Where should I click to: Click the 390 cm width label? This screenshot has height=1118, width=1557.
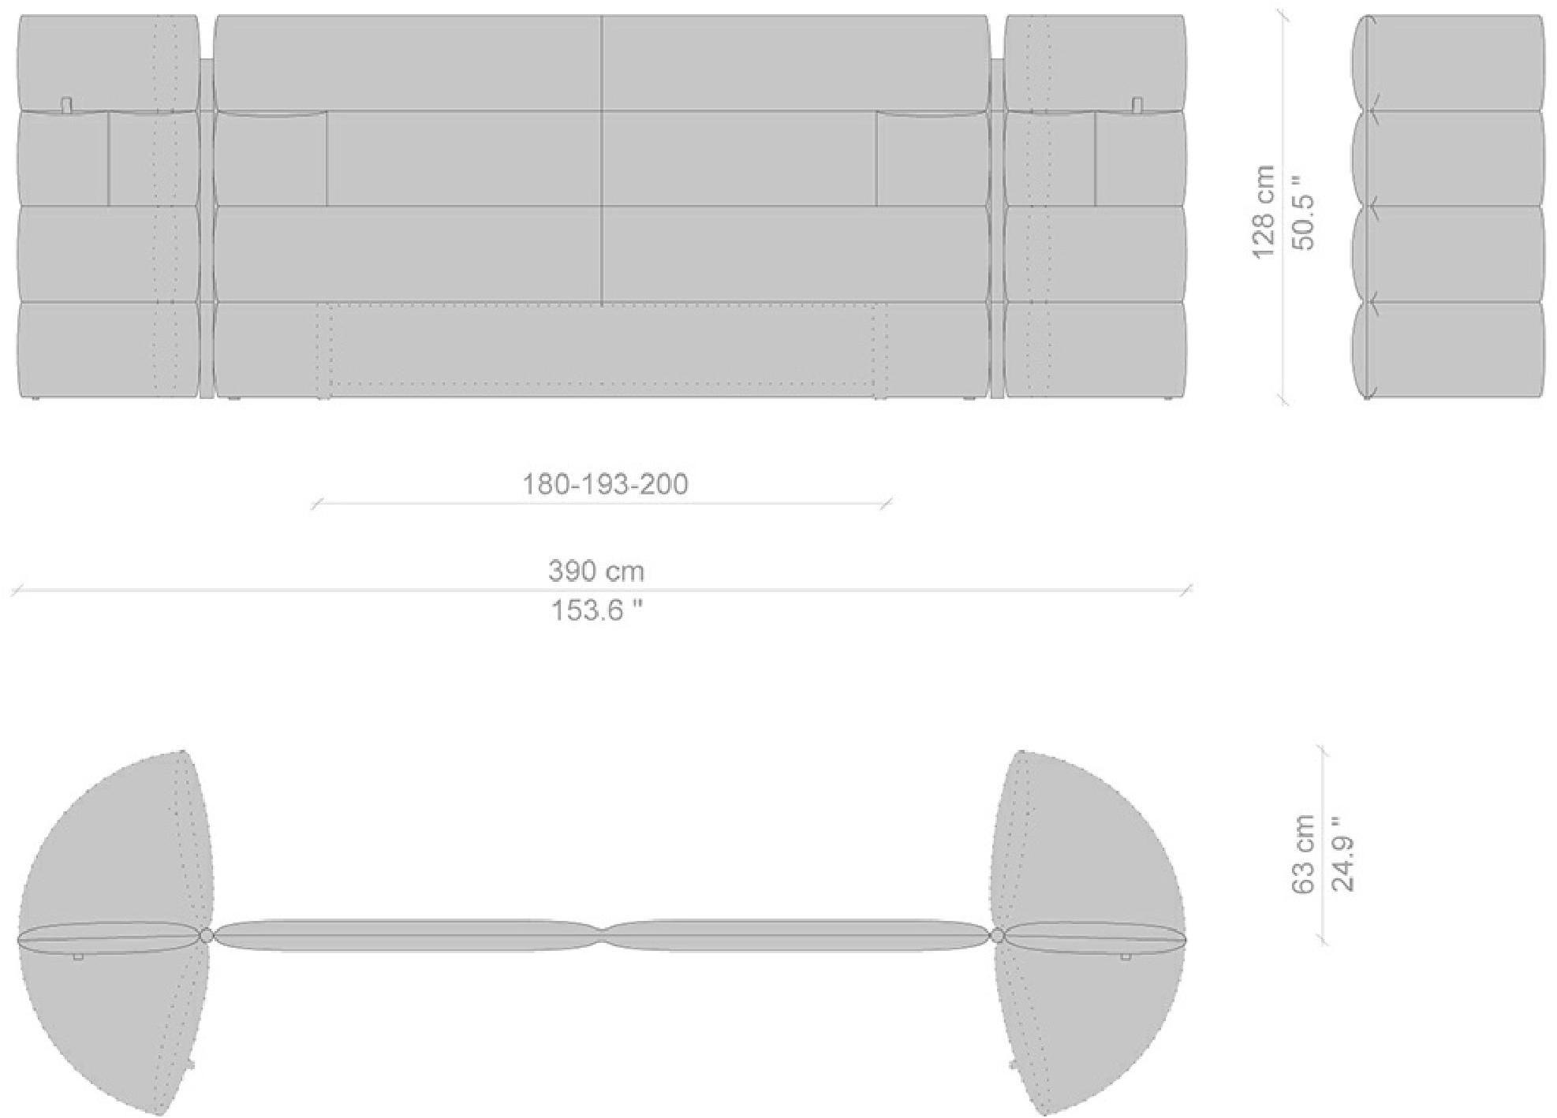(596, 571)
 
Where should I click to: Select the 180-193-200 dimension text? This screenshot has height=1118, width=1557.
(605, 484)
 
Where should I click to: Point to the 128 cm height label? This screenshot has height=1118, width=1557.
(1263, 211)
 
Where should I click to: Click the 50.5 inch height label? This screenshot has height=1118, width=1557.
(1305, 211)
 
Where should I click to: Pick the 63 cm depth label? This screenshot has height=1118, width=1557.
(1303, 855)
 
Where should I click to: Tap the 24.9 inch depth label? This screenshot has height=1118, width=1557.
(1343, 855)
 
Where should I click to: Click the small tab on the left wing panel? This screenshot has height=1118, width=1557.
(67, 104)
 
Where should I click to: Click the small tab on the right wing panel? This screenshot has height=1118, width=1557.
(1137, 104)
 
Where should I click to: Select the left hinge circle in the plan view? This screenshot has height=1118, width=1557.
(207, 936)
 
